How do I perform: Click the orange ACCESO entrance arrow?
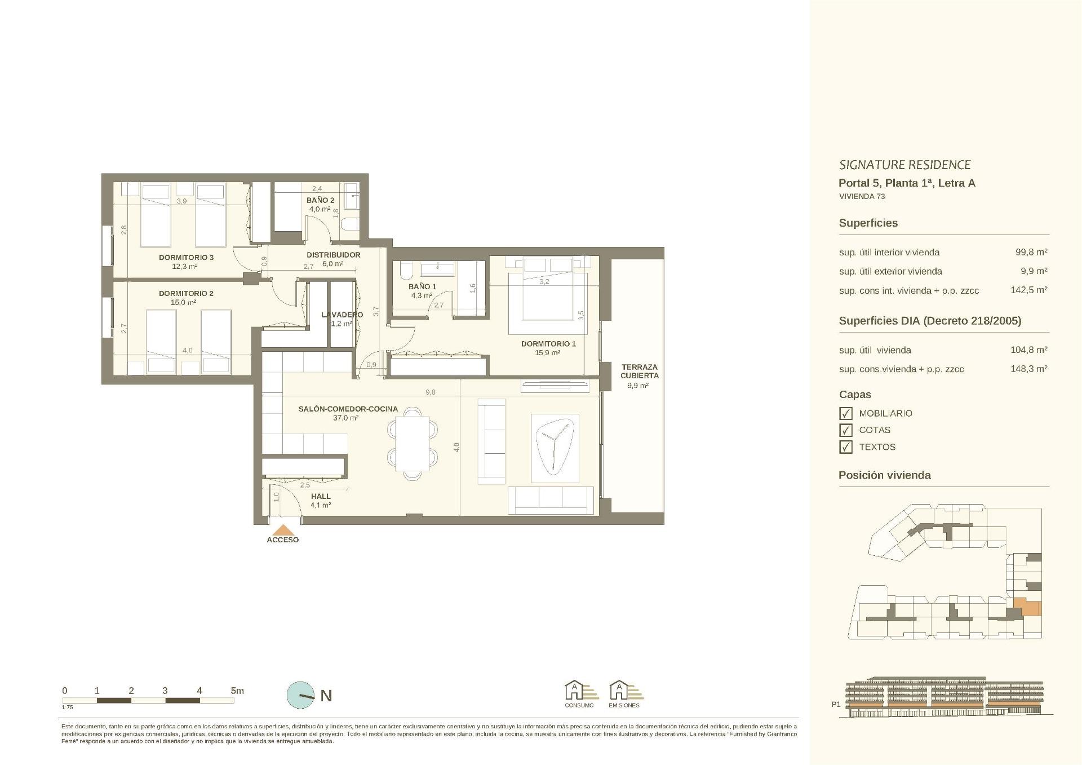pos(283,530)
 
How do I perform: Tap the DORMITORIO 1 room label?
pos(548,344)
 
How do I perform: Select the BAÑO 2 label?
pos(320,200)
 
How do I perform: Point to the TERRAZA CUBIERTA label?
pos(640,371)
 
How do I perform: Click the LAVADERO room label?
pos(342,315)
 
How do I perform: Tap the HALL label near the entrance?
pos(321,497)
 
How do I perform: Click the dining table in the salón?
pos(412,443)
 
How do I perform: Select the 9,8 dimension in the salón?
pos(431,392)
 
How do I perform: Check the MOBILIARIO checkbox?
pos(846,413)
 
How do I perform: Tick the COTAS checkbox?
pos(846,430)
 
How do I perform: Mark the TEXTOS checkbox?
pos(846,447)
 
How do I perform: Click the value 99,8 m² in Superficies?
pos(1031,252)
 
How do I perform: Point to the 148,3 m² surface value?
pos(1029,369)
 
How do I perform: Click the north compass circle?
pos(301,695)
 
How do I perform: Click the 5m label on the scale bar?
pos(237,691)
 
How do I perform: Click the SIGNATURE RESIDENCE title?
pos(904,165)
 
